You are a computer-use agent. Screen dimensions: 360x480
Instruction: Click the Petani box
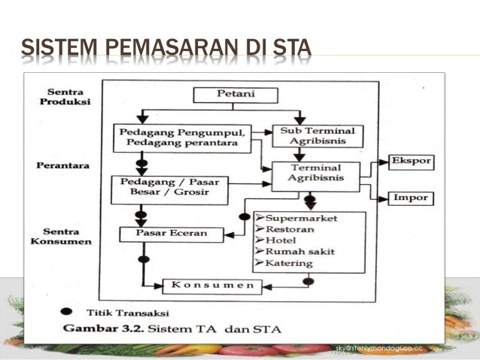tap(235, 95)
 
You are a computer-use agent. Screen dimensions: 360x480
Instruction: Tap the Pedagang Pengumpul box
tap(182, 136)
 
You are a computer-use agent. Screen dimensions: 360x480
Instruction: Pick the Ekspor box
tap(410, 162)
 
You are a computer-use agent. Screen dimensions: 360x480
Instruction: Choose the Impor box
tap(411, 198)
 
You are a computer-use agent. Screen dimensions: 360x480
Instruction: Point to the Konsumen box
tap(213, 286)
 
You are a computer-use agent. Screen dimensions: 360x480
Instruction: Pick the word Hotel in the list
tap(282, 240)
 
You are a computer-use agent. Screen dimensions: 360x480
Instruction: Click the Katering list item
tap(290, 262)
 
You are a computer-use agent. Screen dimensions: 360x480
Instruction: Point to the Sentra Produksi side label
tap(64, 95)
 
